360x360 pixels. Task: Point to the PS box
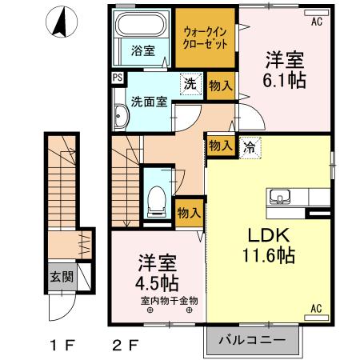click(x=118, y=78)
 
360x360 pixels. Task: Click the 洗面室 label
click(x=150, y=102)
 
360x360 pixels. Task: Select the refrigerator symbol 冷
click(x=249, y=146)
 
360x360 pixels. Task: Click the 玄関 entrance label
click(x=62, y=277)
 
